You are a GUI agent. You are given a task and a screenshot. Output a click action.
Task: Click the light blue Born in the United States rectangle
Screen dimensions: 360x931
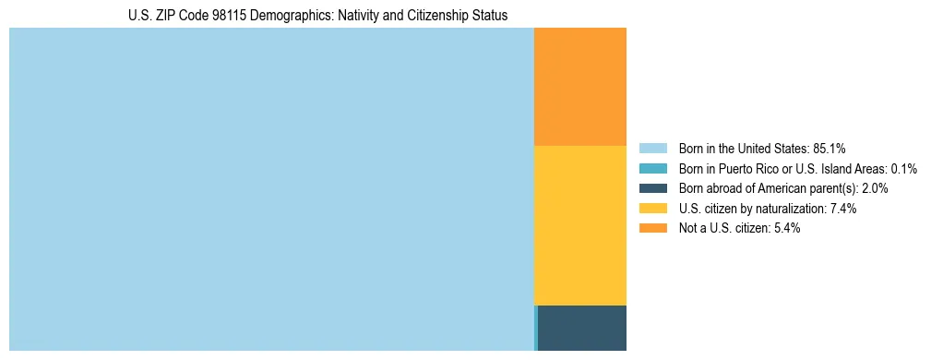pos(271,189)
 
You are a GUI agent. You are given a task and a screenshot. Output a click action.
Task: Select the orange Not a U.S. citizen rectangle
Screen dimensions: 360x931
pos(580,87)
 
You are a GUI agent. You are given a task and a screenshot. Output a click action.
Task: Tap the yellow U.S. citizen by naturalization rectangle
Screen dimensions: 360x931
pos(580,225)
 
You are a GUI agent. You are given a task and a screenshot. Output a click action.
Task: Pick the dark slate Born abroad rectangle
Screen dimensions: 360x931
pos(582,328)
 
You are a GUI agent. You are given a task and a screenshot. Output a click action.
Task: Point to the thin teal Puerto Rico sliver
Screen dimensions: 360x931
pos(535,328)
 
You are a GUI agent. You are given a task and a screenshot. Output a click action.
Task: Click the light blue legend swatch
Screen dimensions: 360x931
pos(652,148)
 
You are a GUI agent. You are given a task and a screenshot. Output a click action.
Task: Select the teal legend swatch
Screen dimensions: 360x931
pos(652,168)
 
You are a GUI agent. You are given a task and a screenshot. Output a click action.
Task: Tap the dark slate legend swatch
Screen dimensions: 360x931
pos(652,188)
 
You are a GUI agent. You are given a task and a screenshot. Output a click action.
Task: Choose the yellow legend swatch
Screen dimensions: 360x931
pos(652,209)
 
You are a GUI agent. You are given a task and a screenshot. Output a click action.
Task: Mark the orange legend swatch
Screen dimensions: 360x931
pos(652,229)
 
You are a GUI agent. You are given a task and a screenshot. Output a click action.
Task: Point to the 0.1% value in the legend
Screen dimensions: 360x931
pos(904,168)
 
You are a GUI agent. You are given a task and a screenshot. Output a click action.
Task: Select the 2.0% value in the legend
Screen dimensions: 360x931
pos(874,188)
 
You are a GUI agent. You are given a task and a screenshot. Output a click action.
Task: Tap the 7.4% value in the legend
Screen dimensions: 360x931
pos(843,209)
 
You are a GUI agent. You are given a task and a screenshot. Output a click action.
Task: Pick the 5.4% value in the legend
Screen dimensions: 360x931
pos(787,229)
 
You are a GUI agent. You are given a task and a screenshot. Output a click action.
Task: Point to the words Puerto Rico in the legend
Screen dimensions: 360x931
pos(746,168)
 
